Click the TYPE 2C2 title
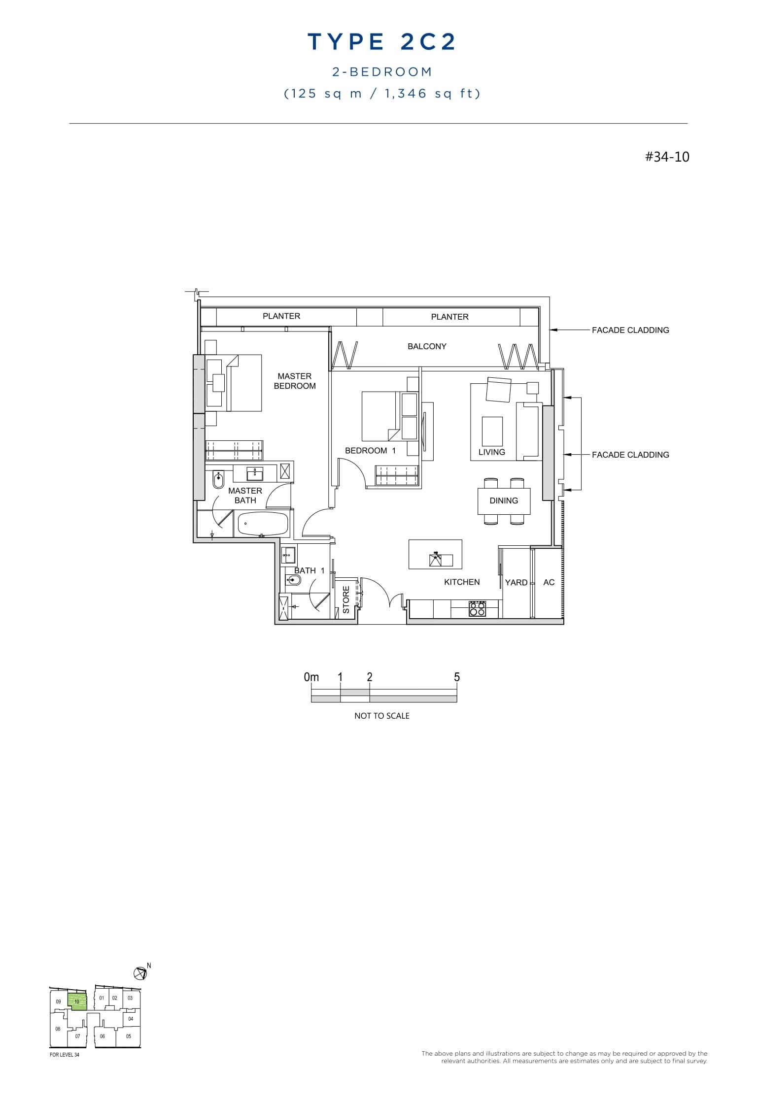pyautogui.click(x=381, y=42)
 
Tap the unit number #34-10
pyautogui.click(x=667, y=157)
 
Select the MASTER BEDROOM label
pyautogui.click(x=295, y=381)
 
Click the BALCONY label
pyautogui.click(x=427, y=346)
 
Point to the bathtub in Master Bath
pyautogui.click(x=263, y=524)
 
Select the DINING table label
pyautogui.click(x=504, y=500)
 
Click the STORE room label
pyautogui.click(x=346, y=600)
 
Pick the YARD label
pyautogui.click(x=516, y=582)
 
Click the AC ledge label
pyautogui.click(x=549, y=582)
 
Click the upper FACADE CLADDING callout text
pyautogui.click(x=630, y=330)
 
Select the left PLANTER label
pyautogui.click(x=281, y=316)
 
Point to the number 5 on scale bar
pyautogui.click(x=457, y=677)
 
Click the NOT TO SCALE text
pyautogui.click(x=381, y=716)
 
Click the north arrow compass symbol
pyautogui.click(x=140, y=973)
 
